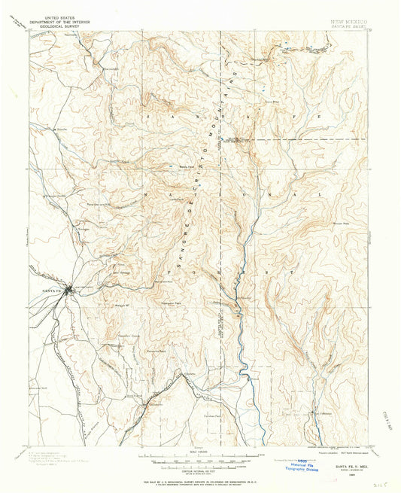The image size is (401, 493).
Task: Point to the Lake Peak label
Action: pos(178,199)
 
